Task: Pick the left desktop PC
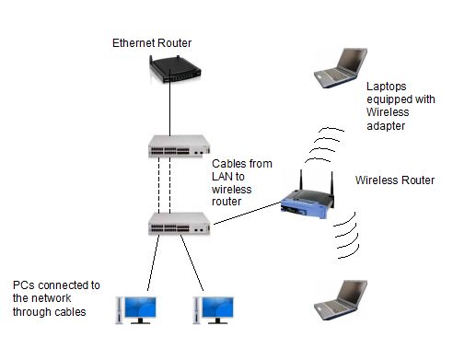point(134,308)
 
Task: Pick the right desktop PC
point(214,308)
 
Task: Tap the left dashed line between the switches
point(158,184)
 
